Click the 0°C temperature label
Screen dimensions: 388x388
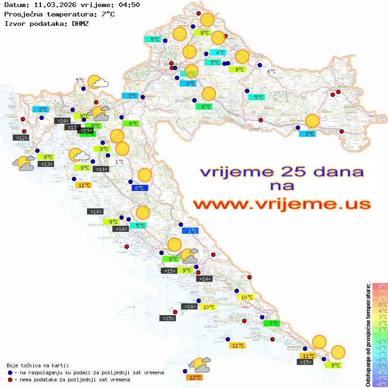[140, 188]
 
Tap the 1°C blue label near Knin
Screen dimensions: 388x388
[190, 231]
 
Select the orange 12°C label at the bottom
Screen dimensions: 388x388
[195, 378]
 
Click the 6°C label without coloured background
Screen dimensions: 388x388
[271, 71]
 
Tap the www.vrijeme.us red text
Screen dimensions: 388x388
[282, 204]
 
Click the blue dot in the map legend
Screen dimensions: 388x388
[10, 372]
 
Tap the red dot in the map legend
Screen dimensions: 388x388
[10, 380]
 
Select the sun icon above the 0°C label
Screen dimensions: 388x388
[144, 175]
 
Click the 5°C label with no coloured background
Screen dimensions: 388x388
[80, 80]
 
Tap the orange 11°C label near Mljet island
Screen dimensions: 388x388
[238, 346]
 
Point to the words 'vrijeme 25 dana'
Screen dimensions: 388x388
[282, 172]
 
